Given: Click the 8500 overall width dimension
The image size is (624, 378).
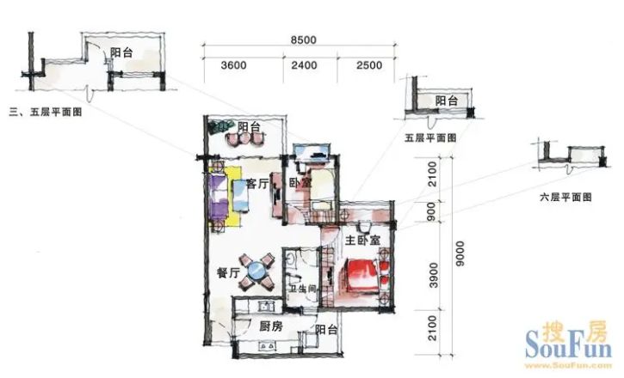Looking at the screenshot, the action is (304, 40).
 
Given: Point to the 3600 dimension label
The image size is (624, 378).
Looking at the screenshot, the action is (233, 65).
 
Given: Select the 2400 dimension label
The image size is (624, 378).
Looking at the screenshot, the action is (304, 65).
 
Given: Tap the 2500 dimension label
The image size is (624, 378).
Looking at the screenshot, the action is (369, 65).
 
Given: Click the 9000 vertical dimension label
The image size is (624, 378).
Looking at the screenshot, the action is (460, 253).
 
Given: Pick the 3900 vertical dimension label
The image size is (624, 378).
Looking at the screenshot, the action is (434, 275).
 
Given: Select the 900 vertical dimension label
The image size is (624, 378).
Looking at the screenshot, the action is (431, 211).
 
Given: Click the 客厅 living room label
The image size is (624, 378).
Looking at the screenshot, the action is (257, 184).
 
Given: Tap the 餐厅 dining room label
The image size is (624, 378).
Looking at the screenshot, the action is (228, 273).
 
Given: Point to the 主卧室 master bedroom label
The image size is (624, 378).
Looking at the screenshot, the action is (362, 241).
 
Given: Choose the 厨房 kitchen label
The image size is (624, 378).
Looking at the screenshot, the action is (271, 326).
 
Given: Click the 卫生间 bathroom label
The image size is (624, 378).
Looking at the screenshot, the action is (302, 289).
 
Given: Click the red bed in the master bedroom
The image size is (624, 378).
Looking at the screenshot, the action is (361, 277).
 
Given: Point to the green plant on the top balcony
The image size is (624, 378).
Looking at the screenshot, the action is (219, 127).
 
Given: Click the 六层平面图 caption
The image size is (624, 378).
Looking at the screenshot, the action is (565, 197).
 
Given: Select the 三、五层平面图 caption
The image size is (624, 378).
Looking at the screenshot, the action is (46, 113).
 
